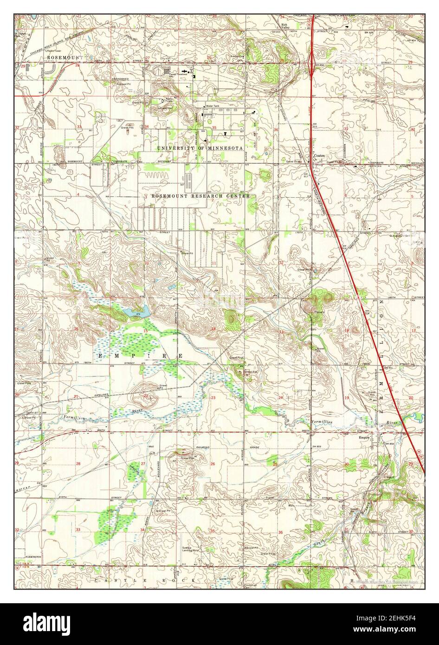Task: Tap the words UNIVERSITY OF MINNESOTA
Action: (200, 148)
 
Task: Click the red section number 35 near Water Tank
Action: (214, 128)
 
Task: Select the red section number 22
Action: (146, 395)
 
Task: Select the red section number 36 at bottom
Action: (280, 532)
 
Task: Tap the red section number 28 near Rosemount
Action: (77, 66)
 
